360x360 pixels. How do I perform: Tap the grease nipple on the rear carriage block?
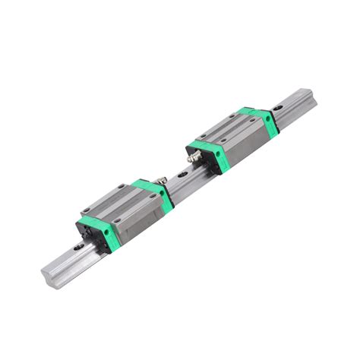click(193, 156)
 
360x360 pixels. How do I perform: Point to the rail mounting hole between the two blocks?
click(182, 174)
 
